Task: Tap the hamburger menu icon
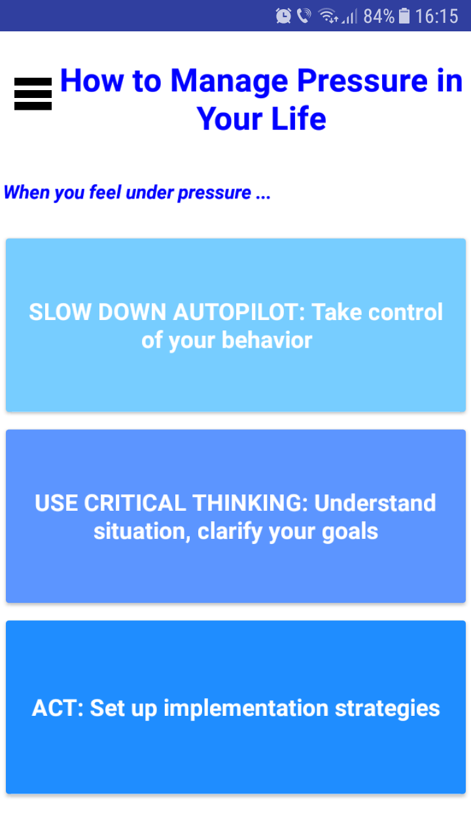[x=33, y=94]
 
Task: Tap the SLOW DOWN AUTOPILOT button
[x=235, y=325]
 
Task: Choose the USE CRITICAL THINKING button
[x=235, y=516]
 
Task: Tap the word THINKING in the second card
[x=250, y=503]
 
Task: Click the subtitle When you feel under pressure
[x=137, y=193]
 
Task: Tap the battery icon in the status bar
[x=404, y=16]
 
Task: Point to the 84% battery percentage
[x=379, y=16]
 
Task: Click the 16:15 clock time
[x=436, y=16]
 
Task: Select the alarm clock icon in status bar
[x=283, y=16]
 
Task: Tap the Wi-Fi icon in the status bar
[x=328, y=16]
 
